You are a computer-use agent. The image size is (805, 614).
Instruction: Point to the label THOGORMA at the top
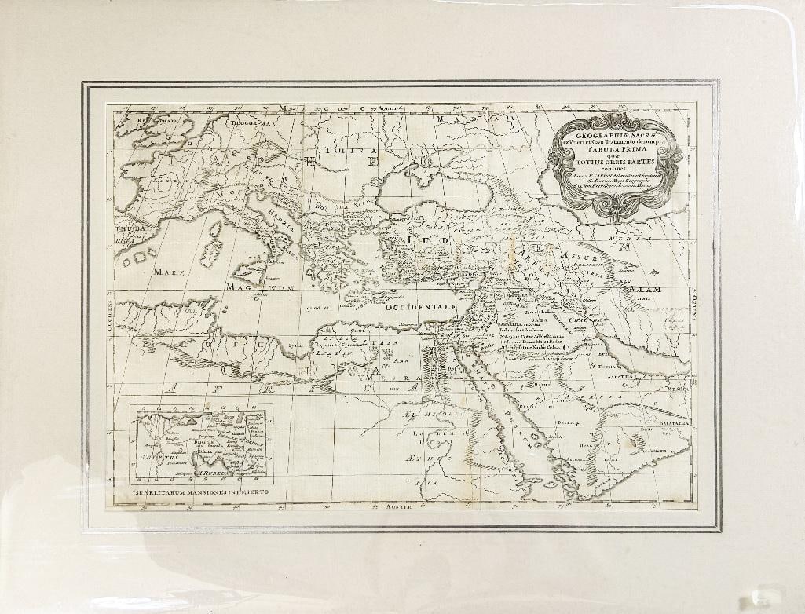[249, 122]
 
